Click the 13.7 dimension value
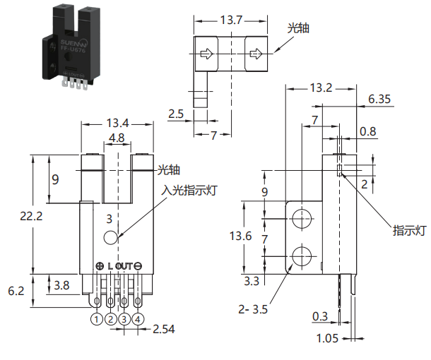[x=231, y=20]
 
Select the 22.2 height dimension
[x=31, y=216]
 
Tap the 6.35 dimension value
[x=379, y=99]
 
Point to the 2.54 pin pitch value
[x=163, y=329]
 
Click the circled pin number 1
[x=97, y=319]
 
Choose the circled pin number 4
[x=138, y=319]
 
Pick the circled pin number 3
[x=124, y=319]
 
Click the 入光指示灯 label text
[x=189, y=190]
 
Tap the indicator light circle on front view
[x=111, y=237]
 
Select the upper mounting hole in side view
[x=302, y=219]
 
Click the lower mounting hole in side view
[x=302, y=256]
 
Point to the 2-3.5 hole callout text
[x=253, y=309]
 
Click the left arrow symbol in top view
[x=206, y=54]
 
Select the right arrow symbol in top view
[x=255, y=54]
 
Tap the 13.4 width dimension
[x=117, y=123]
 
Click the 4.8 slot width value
[x=117, y=138]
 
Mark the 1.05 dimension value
[x=327, y=338]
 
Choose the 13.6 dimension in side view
[x=240, y=236]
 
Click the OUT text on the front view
[x=124, y=266]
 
